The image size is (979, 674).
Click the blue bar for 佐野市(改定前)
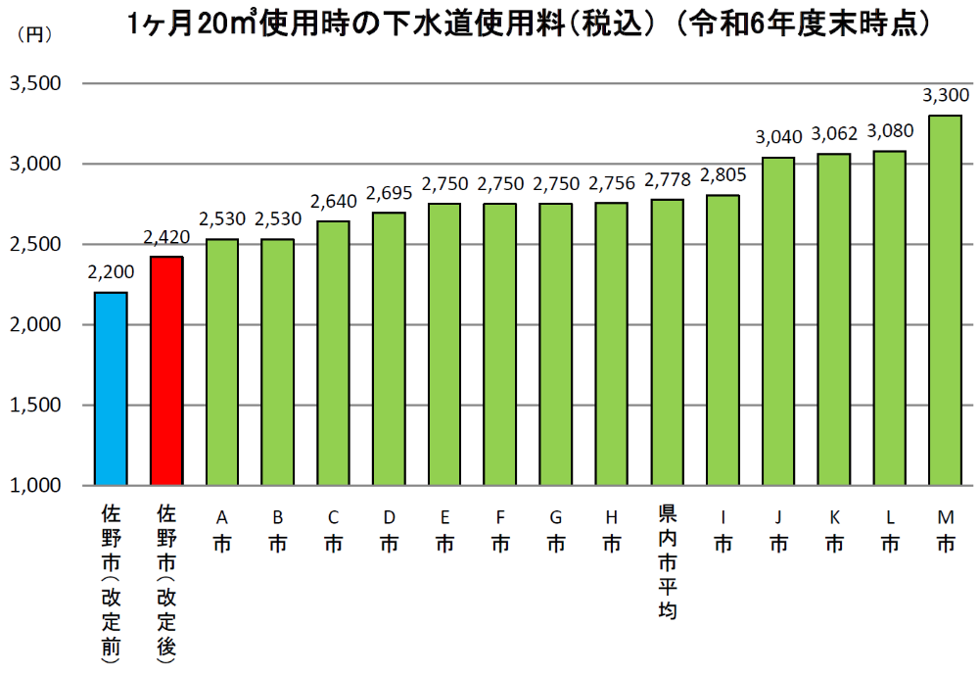(x=111, y=389)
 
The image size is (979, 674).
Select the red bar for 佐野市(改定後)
(x=166, y=371)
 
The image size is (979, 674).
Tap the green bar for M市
(x=945, y=300)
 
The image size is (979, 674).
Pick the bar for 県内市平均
(x=668, y=342)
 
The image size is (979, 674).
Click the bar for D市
(x=389, y=349)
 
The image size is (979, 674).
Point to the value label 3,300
(x=946, y=95)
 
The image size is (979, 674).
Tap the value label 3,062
(x=834, y=134)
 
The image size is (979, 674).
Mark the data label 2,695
(x=389, y=193)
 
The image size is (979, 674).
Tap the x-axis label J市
(x=778, y=530)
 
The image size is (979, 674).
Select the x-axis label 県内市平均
(x=668, y=561)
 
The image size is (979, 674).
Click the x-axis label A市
(x=222, y=530)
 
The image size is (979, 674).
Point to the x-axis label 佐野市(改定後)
(x=166, y=584)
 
